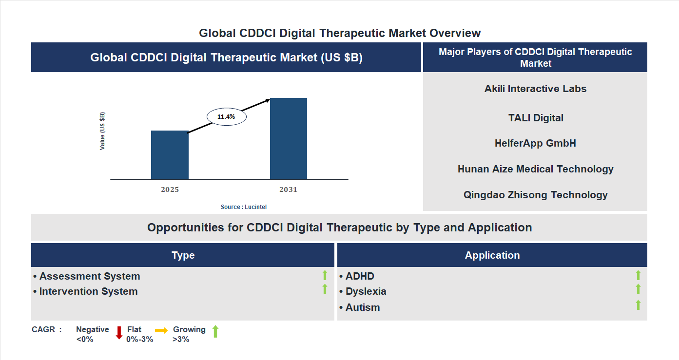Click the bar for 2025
[170, 155]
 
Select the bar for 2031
[289, 139]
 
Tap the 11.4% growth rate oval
[227, 117]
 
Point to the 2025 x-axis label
[170, 189]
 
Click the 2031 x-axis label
[288, 189]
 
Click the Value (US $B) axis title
[102, 131]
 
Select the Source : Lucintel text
[244, 207]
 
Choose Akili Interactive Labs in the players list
[535, 89]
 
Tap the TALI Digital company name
[535, 118]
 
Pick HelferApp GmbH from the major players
[535, 143]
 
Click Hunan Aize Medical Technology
[535, 169]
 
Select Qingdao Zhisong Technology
[535, 195]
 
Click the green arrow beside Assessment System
[325, 276]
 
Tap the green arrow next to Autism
[638, 305]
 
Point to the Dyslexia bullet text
[366, 291]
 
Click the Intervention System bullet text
[88, 291]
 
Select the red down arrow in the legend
[119, 333]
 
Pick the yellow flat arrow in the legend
[161, 330]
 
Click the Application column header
[492, 255]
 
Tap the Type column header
[183, 255]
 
